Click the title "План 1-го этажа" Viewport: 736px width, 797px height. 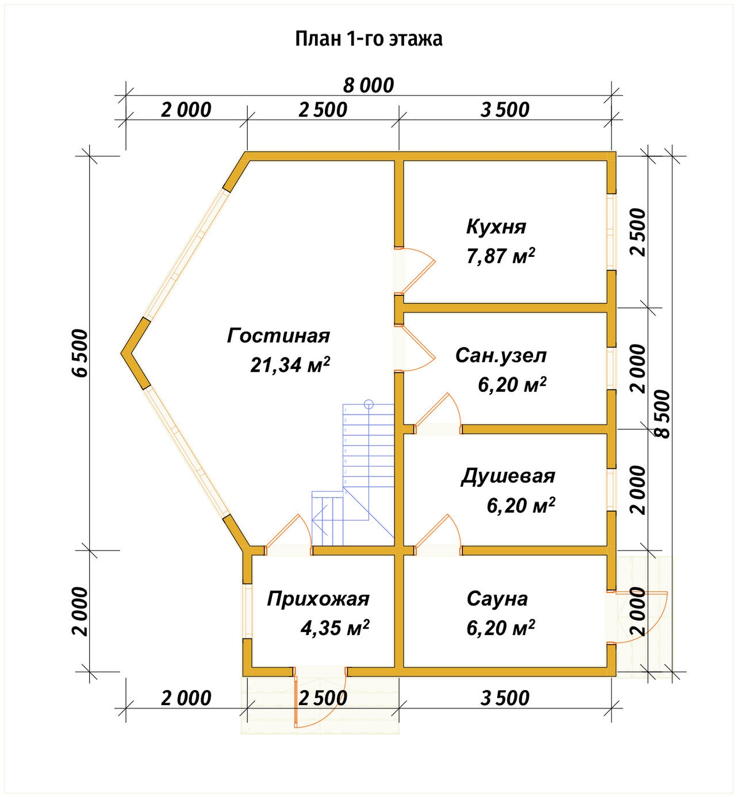(369, 38)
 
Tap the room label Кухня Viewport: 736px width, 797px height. (496, 226)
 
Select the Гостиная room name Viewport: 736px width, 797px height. (278, 336)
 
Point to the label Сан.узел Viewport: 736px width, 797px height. (500, 355)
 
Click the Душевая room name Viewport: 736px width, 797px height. (508, 476)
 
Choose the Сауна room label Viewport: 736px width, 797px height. (497, 599)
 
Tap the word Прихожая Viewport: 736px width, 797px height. (318, 599)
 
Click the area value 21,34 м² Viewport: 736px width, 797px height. (290, 365)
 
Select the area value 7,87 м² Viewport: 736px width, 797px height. (500, 256)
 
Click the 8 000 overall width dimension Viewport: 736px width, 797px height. (369, 86)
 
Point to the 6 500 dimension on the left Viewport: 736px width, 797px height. (81, 353)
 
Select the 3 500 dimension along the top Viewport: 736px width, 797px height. (505, 110)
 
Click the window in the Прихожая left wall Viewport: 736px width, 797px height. (247, 611)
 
